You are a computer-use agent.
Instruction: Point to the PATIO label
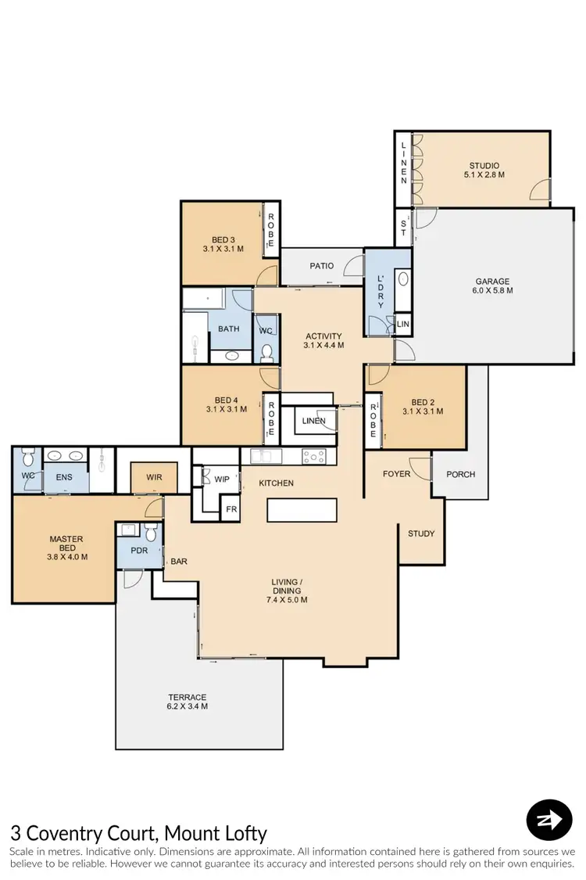click(321, 266)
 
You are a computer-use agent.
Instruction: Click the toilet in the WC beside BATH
click(266, 351)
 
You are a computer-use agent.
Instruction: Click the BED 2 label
click(423, 406)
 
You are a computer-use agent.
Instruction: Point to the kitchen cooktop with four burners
click(314, 456)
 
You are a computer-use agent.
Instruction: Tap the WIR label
click(154, 476)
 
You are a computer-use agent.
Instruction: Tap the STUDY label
click(421, 533)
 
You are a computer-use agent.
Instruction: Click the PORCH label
click(460, 474)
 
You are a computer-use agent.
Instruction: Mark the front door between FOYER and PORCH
click(431, 469)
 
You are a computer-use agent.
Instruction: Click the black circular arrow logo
click(549, 820)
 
